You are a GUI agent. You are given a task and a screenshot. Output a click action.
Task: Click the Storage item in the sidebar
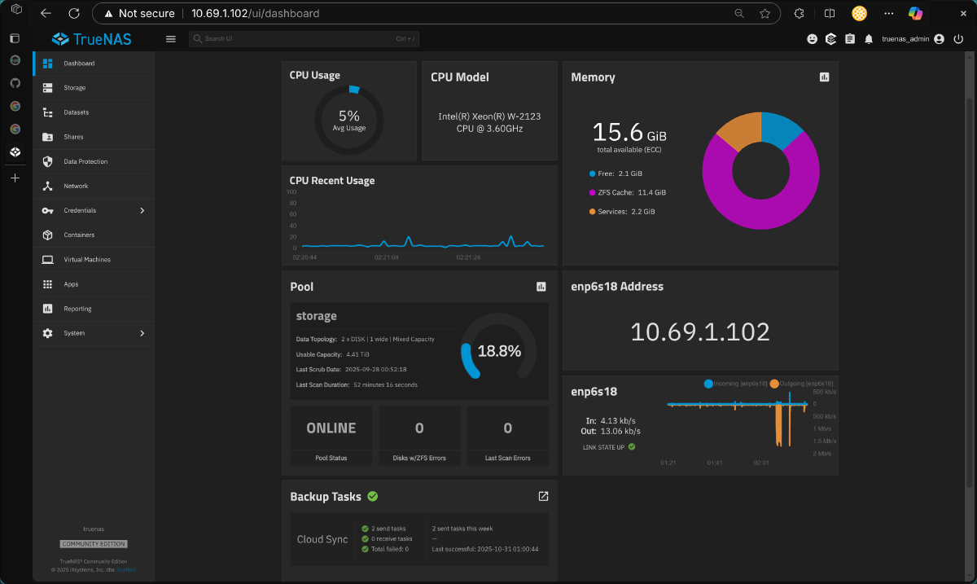(74, 88)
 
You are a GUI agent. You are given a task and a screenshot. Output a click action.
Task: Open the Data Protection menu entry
(85, 161)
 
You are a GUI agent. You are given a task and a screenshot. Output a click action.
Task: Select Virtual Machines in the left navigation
(87, 260)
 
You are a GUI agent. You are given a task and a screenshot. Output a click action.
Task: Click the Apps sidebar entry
(71, 284)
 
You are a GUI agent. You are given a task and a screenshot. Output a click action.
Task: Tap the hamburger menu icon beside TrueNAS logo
(170, 38)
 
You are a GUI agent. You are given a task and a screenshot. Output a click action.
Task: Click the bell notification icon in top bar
(869, 38)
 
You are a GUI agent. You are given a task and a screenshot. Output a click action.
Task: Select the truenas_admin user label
(905, 38)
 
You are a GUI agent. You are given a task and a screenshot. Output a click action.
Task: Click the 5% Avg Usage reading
(349, 120)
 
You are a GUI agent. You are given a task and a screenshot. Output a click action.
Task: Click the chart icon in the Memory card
(824, 77)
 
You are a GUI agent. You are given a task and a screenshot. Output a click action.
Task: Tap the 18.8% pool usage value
(499, 352)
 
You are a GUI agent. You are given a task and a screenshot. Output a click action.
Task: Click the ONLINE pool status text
(331, 428)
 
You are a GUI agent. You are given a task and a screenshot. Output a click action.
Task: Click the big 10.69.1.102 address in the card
(700, 332)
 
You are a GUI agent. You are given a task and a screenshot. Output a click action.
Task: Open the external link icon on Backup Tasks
(543, 496)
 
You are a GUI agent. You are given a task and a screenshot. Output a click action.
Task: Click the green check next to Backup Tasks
(372, 496)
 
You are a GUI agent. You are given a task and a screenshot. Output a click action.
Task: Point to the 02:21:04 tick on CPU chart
(387, 257)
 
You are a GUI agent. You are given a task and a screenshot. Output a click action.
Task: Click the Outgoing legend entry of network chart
(801, 383)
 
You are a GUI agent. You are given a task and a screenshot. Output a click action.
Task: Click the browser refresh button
(74, 13)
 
